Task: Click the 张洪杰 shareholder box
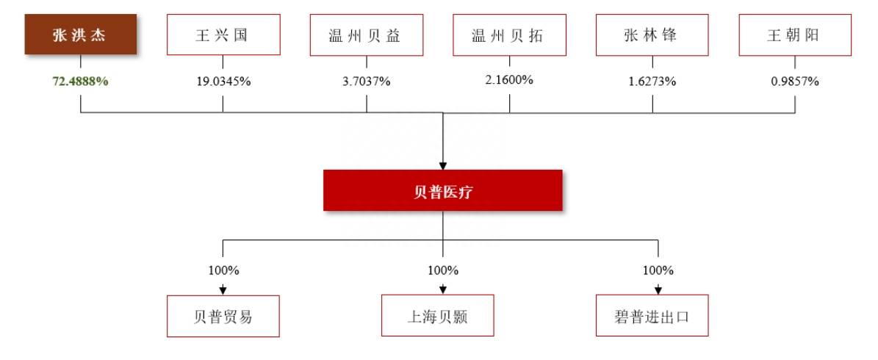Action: tap(81, 34)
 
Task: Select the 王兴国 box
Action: tap(223, 35)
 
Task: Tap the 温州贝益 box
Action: tap(366, 35)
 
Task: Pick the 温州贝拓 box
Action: tap(509, 35)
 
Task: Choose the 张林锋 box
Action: tap(652, 35)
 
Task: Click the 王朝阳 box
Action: tap(795, 35)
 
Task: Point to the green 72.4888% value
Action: tap(81, 81)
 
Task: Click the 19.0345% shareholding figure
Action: tap(223, 81)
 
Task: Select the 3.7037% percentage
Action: tap(366, 81)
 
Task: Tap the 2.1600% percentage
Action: tap(509, 79)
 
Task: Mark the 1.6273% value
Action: tap(652, 81)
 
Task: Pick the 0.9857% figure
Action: tap(795, 81)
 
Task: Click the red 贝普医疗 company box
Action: tap(443, 190)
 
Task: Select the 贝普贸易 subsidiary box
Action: tap(223, 317)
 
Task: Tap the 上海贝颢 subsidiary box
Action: tap(438, 317)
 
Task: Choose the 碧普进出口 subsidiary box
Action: tap(652, 316)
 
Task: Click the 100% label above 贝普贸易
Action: tap(223, 270)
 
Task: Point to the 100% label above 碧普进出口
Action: tap(658, 270)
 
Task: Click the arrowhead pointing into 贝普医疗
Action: tap(443, 166)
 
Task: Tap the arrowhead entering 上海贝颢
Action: tap(443, 291)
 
